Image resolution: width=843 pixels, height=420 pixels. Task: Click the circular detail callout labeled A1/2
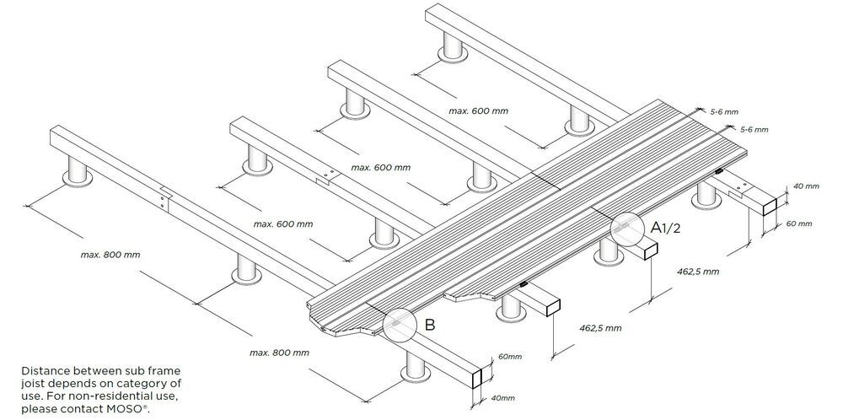tap(626, 227)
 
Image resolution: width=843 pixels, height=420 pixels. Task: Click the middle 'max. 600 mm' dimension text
tap(381, 167)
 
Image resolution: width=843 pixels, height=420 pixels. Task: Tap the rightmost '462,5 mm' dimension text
tap(700, 272)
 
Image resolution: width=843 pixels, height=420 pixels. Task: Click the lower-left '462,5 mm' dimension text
tap(601, 327)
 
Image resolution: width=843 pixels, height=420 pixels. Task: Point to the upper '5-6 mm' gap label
tap(724, 111)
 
